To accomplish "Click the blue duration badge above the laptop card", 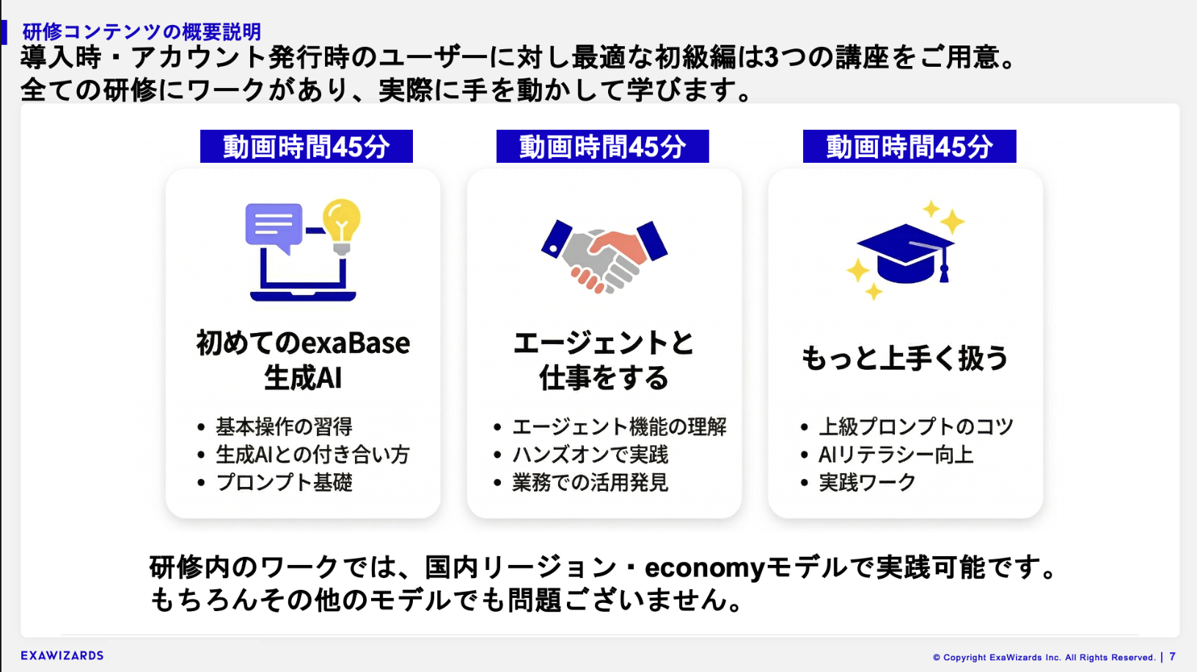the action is (306, 146).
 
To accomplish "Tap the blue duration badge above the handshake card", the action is (602, 146).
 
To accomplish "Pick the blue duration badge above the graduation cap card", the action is (909, 146).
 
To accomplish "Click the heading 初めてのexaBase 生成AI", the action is (303, 359).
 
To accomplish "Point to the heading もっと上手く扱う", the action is (904, 358).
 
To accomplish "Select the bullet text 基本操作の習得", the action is (284, 427).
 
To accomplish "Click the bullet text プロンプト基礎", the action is (284, 482).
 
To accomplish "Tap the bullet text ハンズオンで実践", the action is (590, 454).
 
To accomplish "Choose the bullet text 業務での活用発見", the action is (590, 482).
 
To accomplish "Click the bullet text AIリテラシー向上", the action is (896, 454).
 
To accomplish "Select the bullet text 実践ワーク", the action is (867, 482).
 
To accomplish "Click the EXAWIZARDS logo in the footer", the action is (62, 655).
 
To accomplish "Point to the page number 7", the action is (1172, 657).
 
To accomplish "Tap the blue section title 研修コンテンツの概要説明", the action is (142, 32).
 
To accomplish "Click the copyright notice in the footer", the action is (1044, 657).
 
